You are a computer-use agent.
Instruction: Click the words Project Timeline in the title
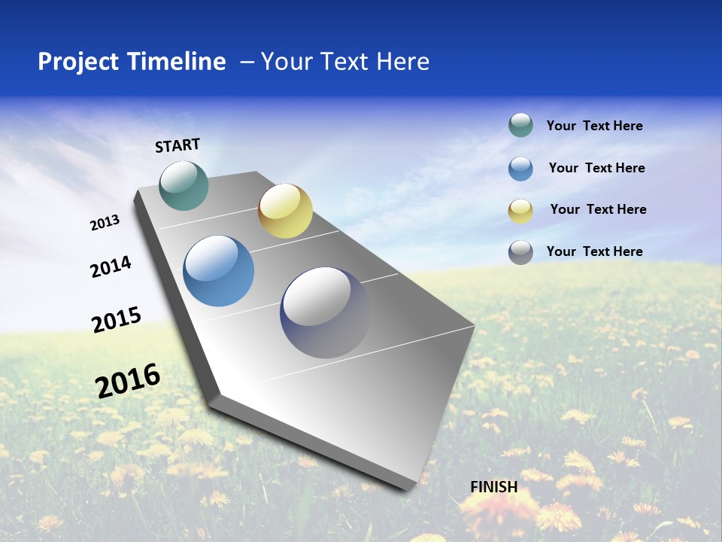[x=132, y=62]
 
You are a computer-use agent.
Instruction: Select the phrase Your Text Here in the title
[x=345, y=62]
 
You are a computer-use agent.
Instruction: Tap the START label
[x=177, y=145]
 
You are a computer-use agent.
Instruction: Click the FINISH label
[x=494, y=487]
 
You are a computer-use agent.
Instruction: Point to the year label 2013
[x=105, y=223]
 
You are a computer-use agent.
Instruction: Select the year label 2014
[x=111, y=266]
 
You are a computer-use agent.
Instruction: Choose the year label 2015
[x=117, y=320]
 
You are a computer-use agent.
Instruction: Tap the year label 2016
[x=128, y=380]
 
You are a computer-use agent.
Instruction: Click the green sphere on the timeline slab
[x=184, y=185]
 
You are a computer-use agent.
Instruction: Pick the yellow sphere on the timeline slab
[x=285, y=211]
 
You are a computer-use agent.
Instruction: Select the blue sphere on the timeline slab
[x=219, y=271]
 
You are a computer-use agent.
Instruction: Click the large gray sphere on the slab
[x=325, y=312]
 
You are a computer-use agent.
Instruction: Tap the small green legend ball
[x=520, y=125]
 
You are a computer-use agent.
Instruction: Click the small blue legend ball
[x=520, y=169]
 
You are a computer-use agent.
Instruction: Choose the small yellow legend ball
[x=520, y=211]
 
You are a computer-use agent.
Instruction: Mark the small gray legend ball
[x=520, y=252]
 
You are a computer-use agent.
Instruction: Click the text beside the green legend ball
[x=594, y=126]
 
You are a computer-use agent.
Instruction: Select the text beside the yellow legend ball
[x=598, y=209]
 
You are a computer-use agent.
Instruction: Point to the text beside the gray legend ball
[x=594, y=251]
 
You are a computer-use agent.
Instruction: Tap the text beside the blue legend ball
[x=596, y=168]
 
